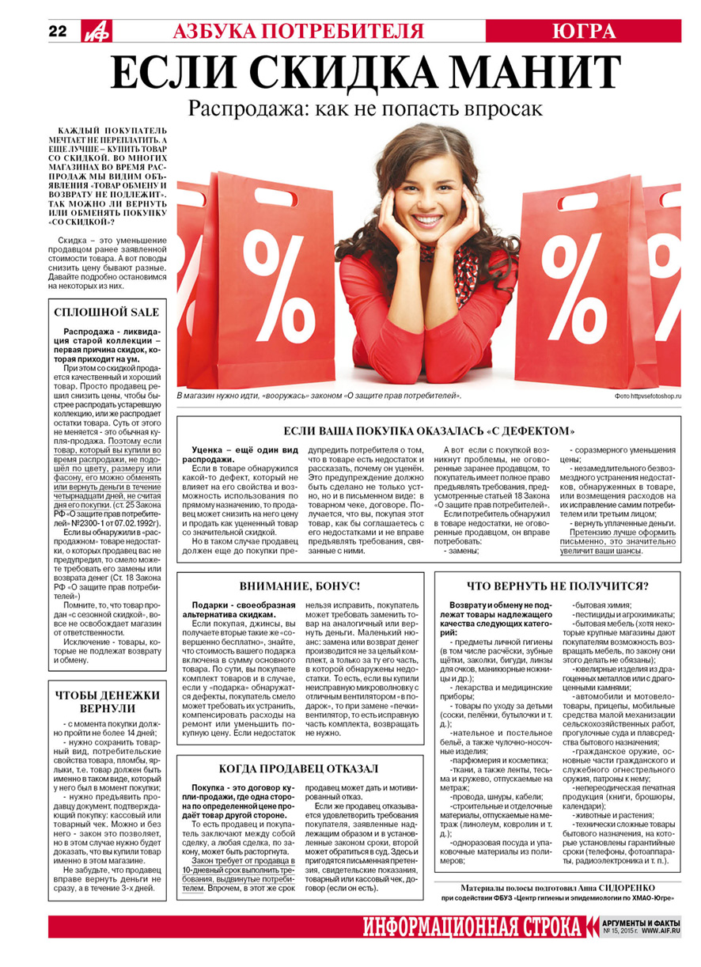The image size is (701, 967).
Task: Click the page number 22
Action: coord(57,31)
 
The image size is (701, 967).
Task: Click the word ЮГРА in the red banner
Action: coord(584,31)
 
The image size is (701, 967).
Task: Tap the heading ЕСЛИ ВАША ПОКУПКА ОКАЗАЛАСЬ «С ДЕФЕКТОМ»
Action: coord(428,431)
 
